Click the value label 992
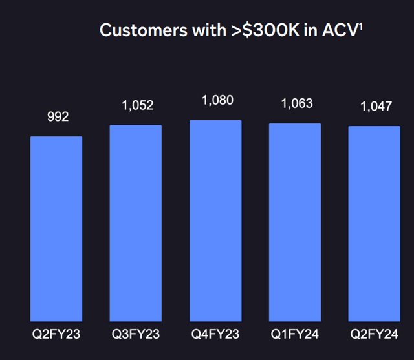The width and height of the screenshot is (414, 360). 56,116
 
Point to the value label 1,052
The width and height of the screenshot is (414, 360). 137,105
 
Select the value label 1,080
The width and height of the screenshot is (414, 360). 217,100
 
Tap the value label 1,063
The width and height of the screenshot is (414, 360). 296,103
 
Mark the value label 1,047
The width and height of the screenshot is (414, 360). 376,106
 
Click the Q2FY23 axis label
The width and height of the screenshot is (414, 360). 56,334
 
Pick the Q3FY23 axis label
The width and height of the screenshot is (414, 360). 136,334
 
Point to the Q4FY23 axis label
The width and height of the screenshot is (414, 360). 215,334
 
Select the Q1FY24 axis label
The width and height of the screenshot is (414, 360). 295,334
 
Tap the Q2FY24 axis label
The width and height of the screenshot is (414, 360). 375,334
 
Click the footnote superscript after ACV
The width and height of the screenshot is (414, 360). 360,26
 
